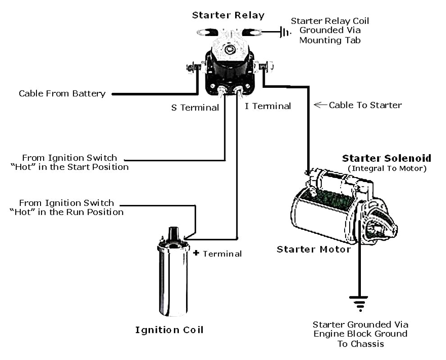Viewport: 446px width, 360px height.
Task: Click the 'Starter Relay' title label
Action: coord(228,15)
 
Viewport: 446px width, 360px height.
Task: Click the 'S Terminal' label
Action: coord(195,107)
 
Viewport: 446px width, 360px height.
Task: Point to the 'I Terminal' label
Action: coord(268,106)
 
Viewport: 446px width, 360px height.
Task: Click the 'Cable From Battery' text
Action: coord(62,94)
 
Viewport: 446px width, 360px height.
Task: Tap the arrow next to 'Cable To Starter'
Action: coord(320,105)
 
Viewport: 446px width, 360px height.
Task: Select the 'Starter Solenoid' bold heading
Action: coord(387,158)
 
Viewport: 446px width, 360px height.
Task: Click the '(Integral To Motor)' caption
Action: coord(387,169)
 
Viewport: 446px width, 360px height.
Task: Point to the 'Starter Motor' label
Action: coord(314,249)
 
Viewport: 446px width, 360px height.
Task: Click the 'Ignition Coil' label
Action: coord(169,330)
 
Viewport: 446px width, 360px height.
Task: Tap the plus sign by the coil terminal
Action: coord(196,253)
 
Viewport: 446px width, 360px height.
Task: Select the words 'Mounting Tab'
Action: coord(330,41)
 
